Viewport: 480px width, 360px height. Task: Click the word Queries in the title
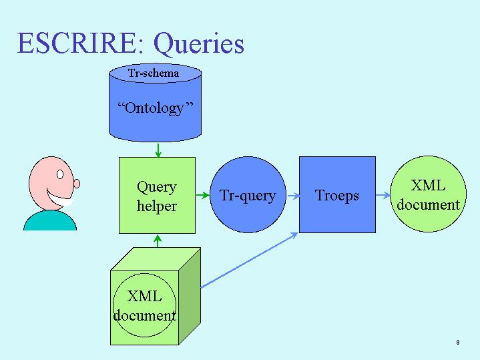(x=199, y=45)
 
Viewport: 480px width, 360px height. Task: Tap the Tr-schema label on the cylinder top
(x=154, y=73)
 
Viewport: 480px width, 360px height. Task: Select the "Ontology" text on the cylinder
(x=155, y=108)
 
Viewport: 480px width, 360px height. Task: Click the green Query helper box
(x=157, y=196)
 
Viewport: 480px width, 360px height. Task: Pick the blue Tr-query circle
(x=248, y=195)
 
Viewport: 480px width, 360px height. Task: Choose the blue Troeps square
(x=337, y=195)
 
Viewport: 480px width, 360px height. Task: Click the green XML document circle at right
(x=429, y=194)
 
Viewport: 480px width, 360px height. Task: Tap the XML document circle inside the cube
(x=144, y=305)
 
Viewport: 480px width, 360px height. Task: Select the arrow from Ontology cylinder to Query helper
(x=158, y=150)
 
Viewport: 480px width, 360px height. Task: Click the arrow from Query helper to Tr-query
(x=203, y=195)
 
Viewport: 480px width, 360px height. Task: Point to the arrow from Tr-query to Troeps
(x=293, y=196)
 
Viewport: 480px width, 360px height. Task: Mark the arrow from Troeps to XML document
(x=383, y=195)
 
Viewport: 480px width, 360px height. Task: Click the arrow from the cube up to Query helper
(x=158, y=241)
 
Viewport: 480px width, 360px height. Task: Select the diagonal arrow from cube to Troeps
(x=250, y=260)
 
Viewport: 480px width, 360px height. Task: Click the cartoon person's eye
(x=60, y=174)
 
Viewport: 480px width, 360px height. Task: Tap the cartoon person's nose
(x=77, y=184)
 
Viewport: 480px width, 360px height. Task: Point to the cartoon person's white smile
(x=59, y=198)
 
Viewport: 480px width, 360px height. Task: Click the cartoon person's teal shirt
(x=50, y=220)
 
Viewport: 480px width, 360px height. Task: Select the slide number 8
(x=458, y=342)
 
